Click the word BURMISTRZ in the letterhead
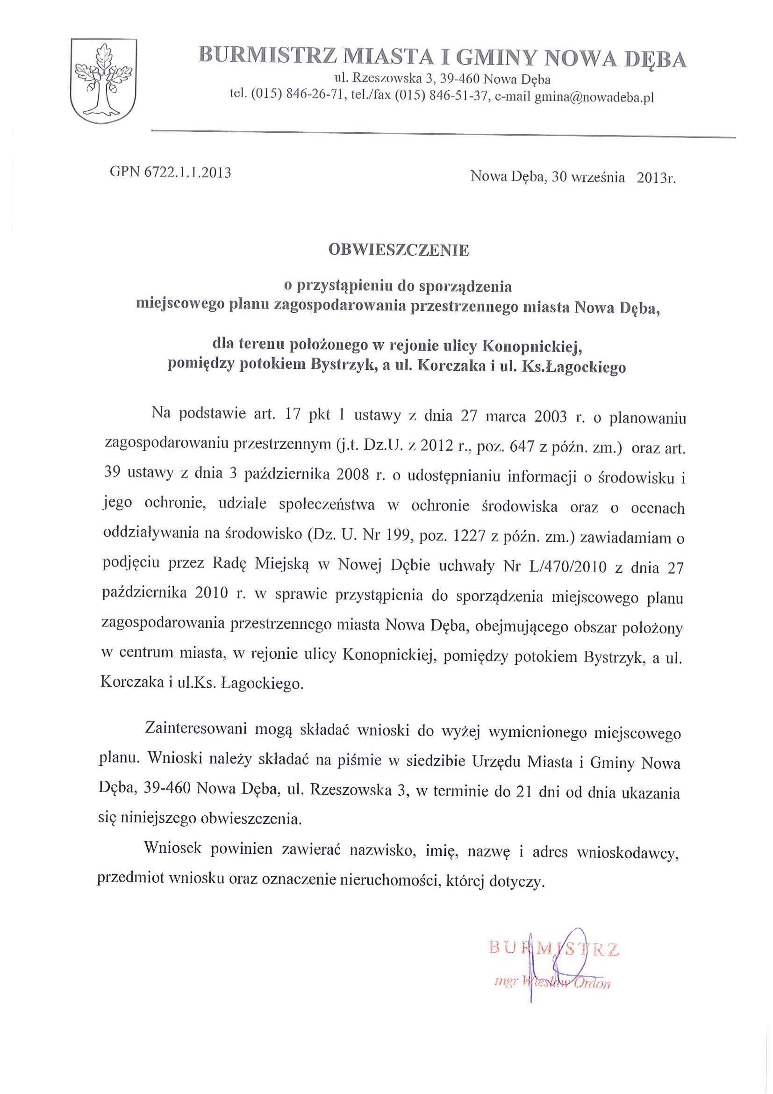pyautogui.click(x=267, y=56)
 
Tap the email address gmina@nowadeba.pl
pyautogui.click(x=594, y=97)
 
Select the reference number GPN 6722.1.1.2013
pyautogui.click(x=171, y=172)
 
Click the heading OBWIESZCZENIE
pyautogui.click(x=398, y=250)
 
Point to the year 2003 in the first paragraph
pyautogui.click(x=550, y=417)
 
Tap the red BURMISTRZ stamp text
pyautogui.click(x=554, y=948)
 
